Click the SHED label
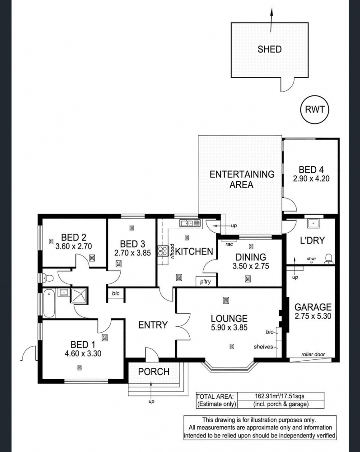point(270,49)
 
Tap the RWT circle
point(314,109)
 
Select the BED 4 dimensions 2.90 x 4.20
point(311,179)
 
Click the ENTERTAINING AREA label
point(242,179)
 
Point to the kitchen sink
point(190,222)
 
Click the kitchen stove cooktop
point(163,251)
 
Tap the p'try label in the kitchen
point(206,282)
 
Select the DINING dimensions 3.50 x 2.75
point(251,266)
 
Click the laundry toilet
point(328,259)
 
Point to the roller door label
point(313,354)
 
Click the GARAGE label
point(313,307)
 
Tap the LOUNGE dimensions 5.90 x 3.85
point(229,327)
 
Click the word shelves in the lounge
point(263,347)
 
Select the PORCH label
point(154,372)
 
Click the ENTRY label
point(153,325)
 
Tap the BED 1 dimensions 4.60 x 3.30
point(83,353)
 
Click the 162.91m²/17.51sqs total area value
point(280,396)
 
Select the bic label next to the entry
point(116,293)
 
